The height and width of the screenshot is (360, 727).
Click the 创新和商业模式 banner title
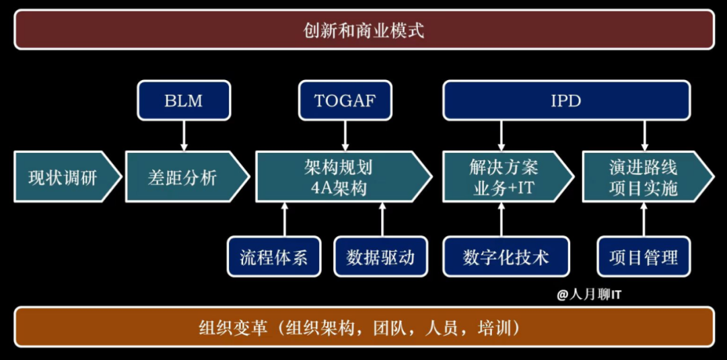(x=363, y=30)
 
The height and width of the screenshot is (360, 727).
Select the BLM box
(x=183, y=101)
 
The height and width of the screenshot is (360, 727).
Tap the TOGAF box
(x=345, y=101)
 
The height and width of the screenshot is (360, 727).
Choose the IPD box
(x=566, y=101)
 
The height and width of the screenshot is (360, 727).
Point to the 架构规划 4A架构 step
(x=341, y=177)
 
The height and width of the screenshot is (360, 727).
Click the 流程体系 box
(x=273, y=256)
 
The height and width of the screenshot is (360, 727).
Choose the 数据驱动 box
(x=380, y=256)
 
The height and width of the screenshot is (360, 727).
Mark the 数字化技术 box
(x=506, y=256)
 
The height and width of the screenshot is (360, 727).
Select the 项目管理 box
(x=644, y=256)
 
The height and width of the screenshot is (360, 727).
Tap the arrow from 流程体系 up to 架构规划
(x=284, y=219)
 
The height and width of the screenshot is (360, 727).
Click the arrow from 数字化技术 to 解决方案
(x=500, y=219)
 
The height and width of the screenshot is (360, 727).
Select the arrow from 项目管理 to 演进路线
(x=644, y=219)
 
